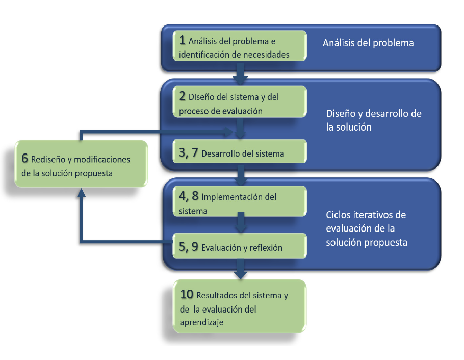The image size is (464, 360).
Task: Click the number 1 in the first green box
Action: [183, 40]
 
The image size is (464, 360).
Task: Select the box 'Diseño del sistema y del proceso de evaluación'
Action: [240, 104]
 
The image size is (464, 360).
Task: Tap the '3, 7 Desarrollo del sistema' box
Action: [240, 152]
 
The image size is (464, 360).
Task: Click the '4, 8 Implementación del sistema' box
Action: [240, 203]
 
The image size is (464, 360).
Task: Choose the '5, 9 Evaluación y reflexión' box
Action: [240, 248]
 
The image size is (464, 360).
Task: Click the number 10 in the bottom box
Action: [187, 294]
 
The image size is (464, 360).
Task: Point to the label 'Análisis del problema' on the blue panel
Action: [368, 43]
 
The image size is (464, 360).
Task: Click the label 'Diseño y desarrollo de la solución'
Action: [373, 120]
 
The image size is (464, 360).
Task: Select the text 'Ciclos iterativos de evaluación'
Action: [366, 221]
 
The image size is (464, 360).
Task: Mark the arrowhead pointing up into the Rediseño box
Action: [81, 192]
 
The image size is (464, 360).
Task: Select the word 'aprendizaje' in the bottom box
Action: [201, 322]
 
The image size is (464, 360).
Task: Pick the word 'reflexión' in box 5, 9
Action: [265, 248]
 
